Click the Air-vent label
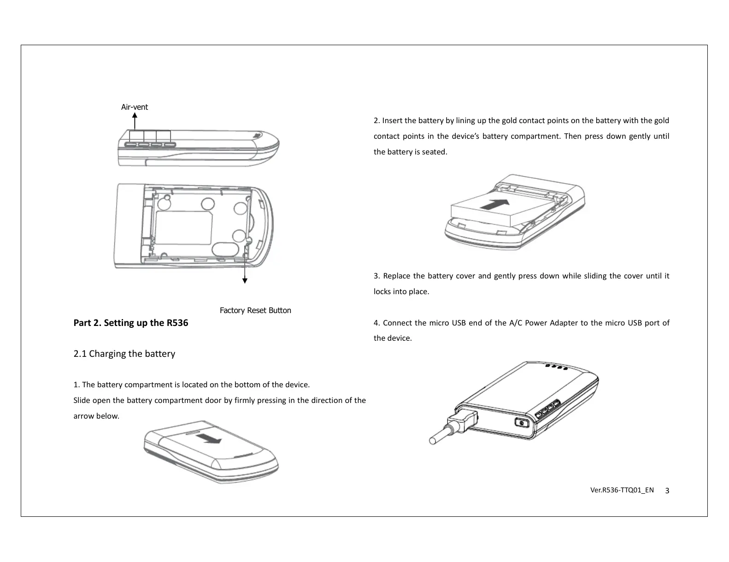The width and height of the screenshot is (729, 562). pos(134,107)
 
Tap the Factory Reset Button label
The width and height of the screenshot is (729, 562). pos(255,310)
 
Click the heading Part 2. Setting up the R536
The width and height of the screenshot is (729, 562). pos(131,323)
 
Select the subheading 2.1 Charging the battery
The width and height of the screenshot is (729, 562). pos(124,354)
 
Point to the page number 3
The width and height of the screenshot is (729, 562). pos(667,491)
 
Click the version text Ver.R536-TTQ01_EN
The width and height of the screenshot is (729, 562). pos(622,490)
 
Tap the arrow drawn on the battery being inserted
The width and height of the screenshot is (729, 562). pos(496,204)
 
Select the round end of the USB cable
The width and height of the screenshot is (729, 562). pos(433,441)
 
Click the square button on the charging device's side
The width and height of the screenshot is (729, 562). pos(521,423)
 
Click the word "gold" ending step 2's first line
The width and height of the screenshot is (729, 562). pos(661,121)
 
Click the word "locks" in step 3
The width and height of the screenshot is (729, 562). pos(382,292)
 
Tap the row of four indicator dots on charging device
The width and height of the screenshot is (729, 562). pos(555,367)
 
